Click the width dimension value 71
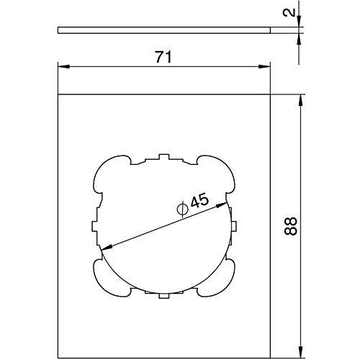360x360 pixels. coord(163,57)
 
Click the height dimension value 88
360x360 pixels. coord(291,226)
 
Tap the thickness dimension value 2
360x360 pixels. coord(289,12)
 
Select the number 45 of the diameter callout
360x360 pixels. coord(199,201)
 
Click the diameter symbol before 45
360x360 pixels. coord(182,209)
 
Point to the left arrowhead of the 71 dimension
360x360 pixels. coord(64,66)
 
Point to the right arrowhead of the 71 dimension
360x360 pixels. coord(264,66)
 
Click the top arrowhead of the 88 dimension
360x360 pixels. coord(300,101)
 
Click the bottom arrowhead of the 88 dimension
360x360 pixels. coord(300,351)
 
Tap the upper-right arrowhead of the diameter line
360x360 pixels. coord(221,205)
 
